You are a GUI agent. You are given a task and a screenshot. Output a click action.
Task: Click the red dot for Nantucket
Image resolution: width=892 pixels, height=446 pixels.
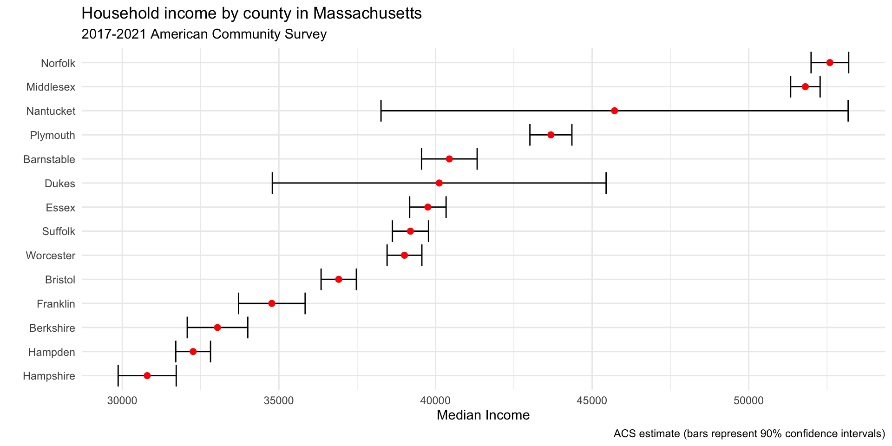point(615,111)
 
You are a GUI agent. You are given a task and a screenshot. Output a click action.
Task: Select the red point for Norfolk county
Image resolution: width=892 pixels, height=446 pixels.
point(830,62)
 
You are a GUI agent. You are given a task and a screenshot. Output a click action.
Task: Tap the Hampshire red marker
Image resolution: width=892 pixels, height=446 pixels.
point(147,375)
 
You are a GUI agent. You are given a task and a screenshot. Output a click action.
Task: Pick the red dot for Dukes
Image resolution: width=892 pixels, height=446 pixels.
point(439,183)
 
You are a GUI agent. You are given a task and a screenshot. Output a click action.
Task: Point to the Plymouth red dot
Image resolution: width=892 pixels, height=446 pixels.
point(551,135)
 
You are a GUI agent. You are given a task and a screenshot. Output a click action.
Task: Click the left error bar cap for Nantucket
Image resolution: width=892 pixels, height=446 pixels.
point(381,111)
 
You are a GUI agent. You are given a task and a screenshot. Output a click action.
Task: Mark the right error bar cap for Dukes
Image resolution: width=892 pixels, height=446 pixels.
point(606,183)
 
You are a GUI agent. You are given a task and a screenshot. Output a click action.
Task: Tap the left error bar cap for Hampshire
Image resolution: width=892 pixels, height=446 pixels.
point(118,375)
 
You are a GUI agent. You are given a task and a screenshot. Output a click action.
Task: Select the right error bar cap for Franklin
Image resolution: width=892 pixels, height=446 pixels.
point(305,303)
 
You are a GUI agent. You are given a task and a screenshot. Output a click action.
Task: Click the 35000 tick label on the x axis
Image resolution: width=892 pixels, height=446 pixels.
point(279,401)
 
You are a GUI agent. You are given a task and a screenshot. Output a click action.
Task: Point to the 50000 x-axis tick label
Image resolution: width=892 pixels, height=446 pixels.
point(749,401)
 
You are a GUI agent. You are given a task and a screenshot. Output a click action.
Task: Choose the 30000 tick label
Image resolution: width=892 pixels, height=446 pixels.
point(122,401)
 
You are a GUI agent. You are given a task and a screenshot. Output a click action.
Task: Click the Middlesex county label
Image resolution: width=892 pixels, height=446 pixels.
point(51,87)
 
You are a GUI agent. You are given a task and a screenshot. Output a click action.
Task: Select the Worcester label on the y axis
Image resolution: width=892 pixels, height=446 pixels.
point(51,256)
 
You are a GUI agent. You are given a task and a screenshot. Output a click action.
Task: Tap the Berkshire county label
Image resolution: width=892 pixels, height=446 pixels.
point(52,328)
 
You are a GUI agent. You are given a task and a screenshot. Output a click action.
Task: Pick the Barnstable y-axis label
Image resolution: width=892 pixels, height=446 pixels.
point(49,159)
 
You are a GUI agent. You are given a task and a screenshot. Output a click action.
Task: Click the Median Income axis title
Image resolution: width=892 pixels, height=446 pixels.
point(483,415)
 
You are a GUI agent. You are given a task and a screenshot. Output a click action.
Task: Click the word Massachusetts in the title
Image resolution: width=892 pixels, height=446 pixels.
point(367,13)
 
